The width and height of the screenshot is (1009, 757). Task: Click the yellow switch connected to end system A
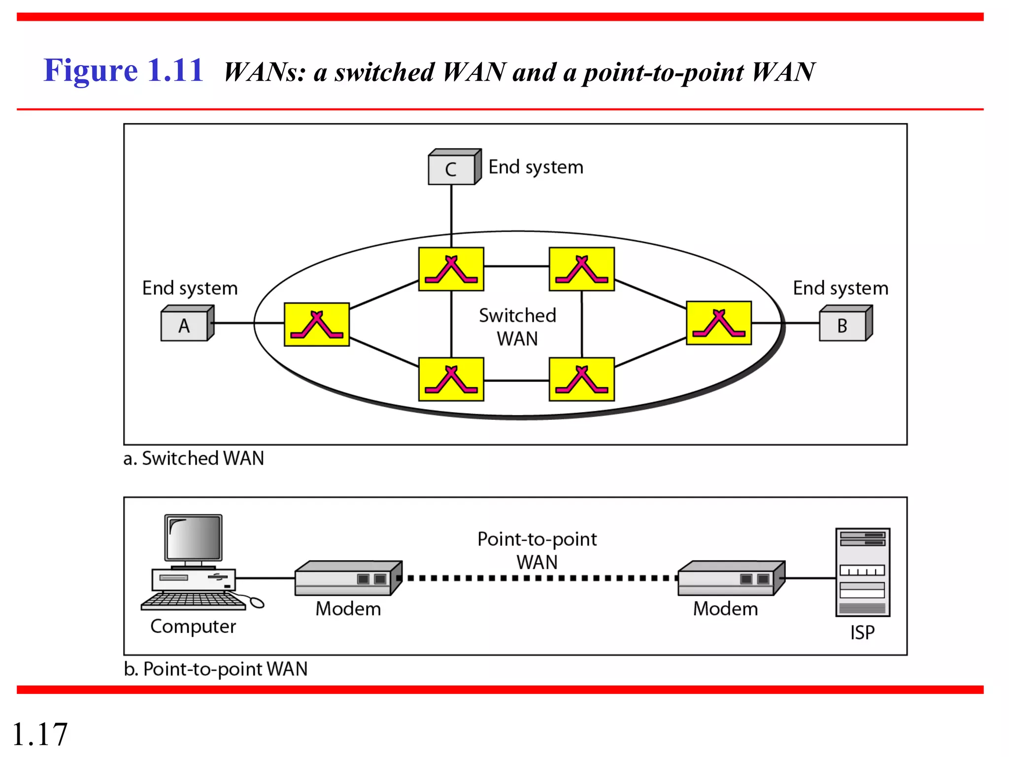pos(317,324)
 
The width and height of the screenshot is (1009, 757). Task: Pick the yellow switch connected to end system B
pos(719,323)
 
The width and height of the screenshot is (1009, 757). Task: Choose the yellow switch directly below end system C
pos(451,269)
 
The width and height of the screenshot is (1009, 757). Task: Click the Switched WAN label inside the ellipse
pos(517,327)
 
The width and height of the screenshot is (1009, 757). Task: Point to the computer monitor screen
pos(194,538)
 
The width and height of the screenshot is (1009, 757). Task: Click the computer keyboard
pos(193,601)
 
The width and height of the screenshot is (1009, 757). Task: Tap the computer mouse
pos(257,602)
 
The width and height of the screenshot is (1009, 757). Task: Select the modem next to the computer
pos(348,579)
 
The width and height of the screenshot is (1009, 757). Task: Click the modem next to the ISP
pos(731,579)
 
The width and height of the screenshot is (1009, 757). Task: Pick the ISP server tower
pos(863,572)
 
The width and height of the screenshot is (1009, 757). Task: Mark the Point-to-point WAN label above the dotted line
pos(537,550)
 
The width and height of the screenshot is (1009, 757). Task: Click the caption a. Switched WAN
pos(194,458)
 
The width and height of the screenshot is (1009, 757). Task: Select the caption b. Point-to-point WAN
pos(215,669)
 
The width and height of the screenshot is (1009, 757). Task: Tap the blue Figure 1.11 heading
pos(123,70)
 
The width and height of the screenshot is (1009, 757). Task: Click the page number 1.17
pos(39,734)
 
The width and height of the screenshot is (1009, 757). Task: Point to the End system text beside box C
pos(536,168)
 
